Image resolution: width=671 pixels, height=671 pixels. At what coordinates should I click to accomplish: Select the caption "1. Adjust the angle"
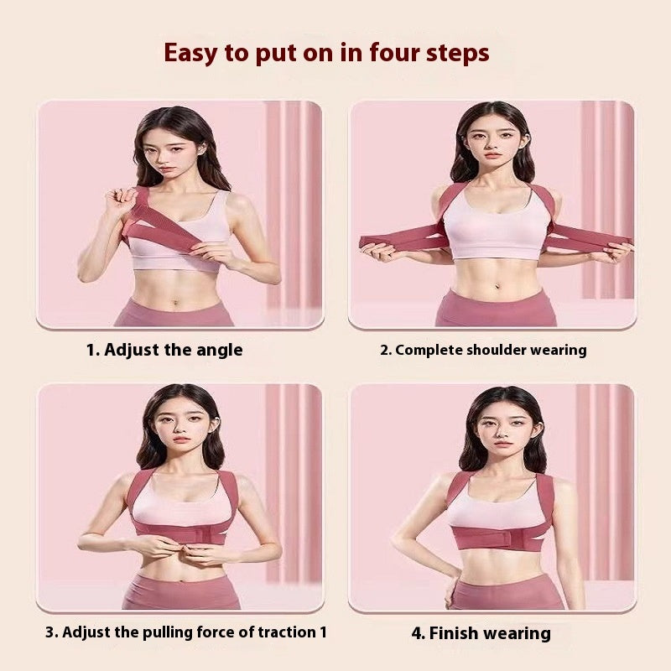point(164,350)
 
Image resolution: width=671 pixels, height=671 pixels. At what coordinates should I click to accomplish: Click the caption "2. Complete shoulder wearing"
point(483,350)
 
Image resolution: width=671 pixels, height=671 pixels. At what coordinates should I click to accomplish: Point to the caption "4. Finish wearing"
point(481,633)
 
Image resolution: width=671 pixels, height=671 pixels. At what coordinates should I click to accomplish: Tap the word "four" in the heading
point(382,53)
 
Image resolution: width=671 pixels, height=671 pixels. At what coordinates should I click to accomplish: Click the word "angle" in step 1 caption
point(220,350)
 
